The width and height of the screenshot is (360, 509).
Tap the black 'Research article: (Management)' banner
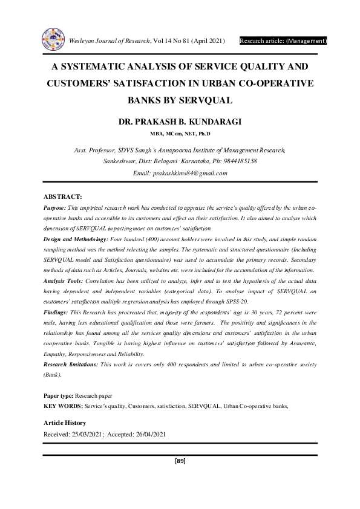[283, 41]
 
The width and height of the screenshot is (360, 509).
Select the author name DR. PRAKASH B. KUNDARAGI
[180, 122]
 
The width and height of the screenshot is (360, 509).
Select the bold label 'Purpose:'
[56, 207]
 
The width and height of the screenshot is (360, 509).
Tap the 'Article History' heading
[65, 423]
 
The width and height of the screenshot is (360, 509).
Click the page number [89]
[180, 461]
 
